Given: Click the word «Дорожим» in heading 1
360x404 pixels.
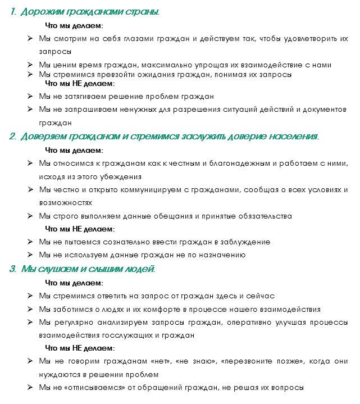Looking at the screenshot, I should pyautogui.click(x=40, y=12).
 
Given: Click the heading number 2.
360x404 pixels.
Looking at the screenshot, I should pyautogui.click(x=12, y=137).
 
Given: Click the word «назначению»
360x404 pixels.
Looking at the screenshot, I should pyautogui.click(x=223, y=255).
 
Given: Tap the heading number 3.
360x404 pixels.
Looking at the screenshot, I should pyautogui.click(x=12, y=269).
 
